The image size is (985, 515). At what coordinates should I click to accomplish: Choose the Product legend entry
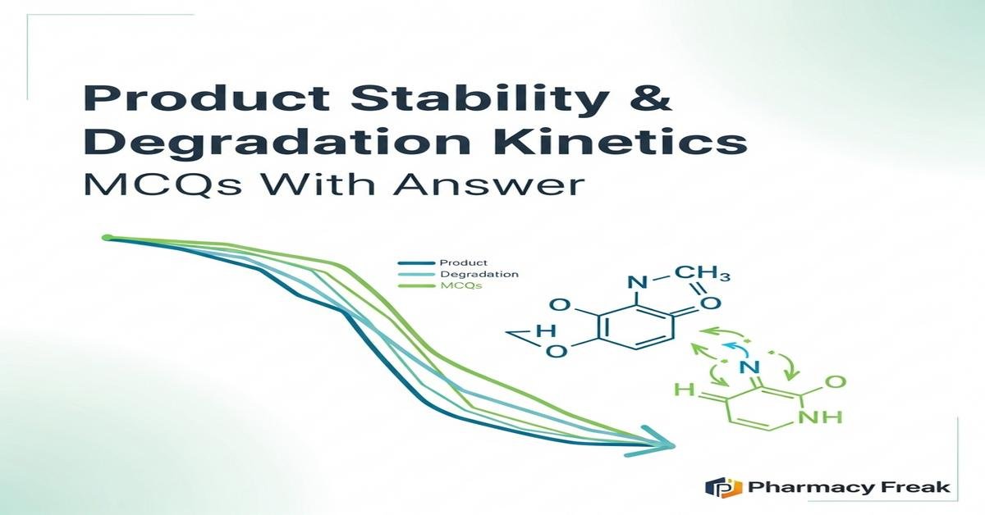tap(464, 262)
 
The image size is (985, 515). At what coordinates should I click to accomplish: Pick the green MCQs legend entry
tap(461, 285)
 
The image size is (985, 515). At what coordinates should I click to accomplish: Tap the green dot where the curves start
tap(106, 238)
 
